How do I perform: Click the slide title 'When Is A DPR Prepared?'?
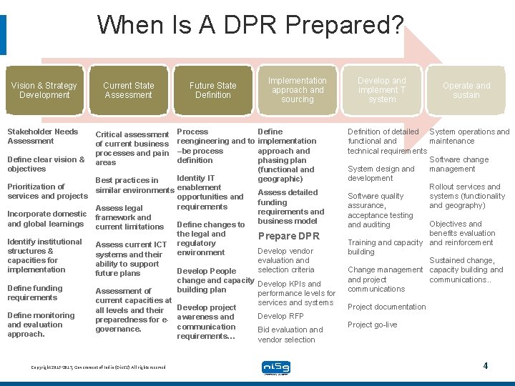point(250,25)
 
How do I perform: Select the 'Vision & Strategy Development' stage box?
point(44,90)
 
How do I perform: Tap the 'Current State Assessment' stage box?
point(128,90)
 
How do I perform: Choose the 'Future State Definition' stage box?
point(212,90)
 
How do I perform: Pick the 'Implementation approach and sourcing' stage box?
point(298,90)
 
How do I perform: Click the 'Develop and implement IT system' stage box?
point(382,90)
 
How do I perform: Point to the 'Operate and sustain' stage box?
point(466,90)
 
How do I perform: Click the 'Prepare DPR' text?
point(288,236)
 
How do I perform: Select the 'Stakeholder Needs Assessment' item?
point(42,136)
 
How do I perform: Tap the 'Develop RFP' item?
point(280,316)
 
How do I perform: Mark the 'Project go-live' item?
point(372,325)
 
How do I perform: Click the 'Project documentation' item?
point(386,307)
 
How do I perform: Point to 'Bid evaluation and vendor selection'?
point(290,335)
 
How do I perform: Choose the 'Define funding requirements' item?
point(34,293)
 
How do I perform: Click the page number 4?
point(485,366)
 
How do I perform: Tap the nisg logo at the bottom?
point(275,367)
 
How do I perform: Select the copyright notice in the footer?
point(98,367)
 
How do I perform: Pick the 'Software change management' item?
point(458,164)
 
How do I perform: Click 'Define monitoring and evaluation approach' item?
point(40,325)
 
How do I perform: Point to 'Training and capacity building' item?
point(384,247)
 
